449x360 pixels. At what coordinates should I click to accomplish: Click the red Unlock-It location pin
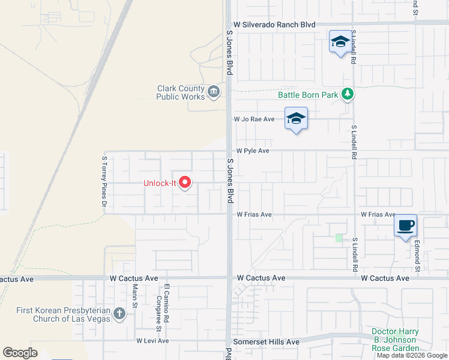click(x=185, y=182)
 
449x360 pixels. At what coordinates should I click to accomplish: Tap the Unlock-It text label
click(x=160, y=184)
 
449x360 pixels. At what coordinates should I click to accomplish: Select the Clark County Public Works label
click(x=181, y=92)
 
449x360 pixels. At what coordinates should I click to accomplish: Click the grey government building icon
click(x=214, y=92)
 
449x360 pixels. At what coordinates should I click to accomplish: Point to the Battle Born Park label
click(x=308, y=95)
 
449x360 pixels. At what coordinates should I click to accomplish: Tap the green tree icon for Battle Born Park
click(x=347, y=94)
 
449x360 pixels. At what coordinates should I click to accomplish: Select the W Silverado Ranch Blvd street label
click(x=274, y=25)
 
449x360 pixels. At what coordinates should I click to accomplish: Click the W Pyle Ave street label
click(x=252, y=151)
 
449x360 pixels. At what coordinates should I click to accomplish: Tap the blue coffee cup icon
click(x=406, y=225)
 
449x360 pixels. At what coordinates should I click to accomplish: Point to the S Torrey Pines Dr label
click(x=104, y=182)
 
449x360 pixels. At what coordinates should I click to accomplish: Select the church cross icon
click(x=119, y=313)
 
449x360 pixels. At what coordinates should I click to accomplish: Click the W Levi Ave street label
click(x=152, y=341)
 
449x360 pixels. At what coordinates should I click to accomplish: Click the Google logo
click(x=20, y=353)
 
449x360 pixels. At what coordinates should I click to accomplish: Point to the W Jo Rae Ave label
click(x=254, y=119)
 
